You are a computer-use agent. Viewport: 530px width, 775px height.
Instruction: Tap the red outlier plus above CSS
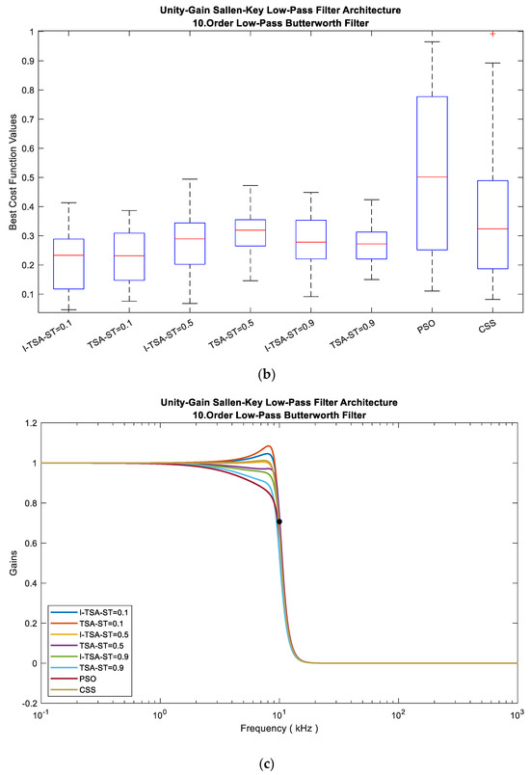tap(492, 34)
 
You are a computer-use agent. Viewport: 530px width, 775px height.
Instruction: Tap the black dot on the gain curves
tap(279, 521)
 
